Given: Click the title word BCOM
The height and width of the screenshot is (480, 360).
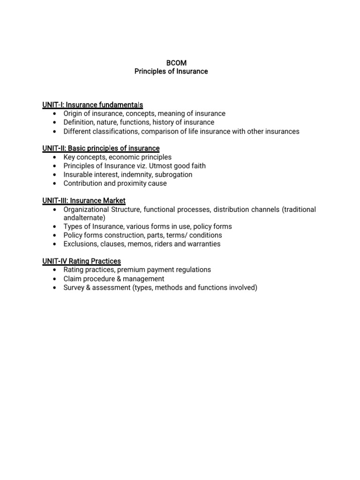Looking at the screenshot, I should (171, 63).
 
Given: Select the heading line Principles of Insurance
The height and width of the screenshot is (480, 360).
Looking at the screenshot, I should (171, 72).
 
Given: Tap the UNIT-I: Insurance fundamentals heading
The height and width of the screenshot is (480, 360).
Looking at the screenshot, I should (93, 105).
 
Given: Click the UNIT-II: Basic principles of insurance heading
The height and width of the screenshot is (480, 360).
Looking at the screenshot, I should (101, 149).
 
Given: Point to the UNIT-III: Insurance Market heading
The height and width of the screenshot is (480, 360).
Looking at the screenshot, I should (84, 201).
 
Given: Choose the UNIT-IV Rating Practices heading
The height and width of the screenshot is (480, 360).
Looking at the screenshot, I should (82, 261).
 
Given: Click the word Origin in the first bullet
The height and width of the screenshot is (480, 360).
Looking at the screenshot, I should (74, 113).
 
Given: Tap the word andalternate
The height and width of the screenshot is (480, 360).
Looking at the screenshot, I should (84, 218).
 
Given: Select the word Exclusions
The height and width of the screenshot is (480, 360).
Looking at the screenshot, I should (80, 244).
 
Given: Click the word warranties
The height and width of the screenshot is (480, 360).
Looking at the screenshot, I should (204, 244).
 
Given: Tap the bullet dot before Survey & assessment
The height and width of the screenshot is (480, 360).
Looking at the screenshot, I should (55, 288).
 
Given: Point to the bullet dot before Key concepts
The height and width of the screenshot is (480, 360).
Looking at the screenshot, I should (55, 157).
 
